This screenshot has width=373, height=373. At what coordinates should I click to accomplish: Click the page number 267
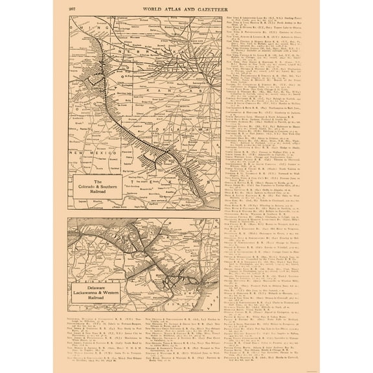(x=71, y=8)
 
